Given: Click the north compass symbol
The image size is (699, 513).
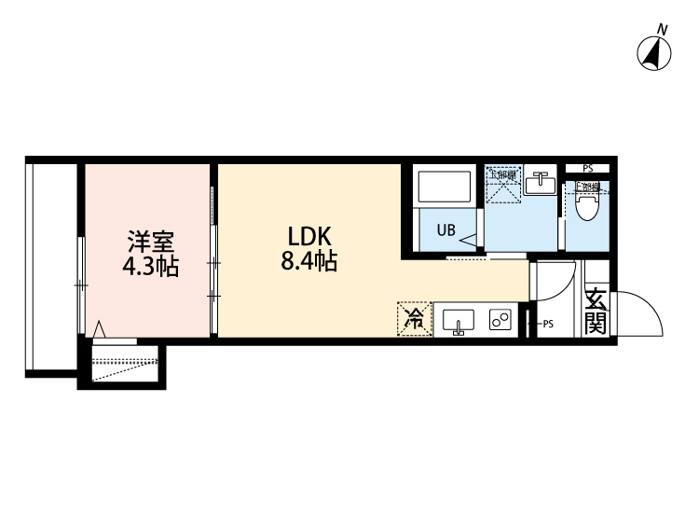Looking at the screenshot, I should pyautogui.click(x=656, y=53).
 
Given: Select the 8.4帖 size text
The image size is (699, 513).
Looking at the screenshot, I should pyautogui.click(x=308, y=262).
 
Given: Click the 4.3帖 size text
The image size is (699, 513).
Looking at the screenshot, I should pyautogui.click(x=149, y=268).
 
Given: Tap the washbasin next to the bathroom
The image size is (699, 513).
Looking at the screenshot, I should pyautogui.click(x=538, y=184).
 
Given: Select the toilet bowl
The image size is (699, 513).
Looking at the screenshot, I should pyautogui.click(x=586, y=206).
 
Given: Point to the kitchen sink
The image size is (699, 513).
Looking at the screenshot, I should pyautogui.click(x=458, y=321).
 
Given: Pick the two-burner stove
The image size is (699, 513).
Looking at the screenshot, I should pyautogui.click(x=500, y=321).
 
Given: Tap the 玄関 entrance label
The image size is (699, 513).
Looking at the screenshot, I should pyautogui.click(x=596, y=312).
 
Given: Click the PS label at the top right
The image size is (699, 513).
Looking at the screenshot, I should pyautogui.click(x=588, y=168).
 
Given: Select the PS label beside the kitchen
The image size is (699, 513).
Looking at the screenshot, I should pyautogui.click(x=548, y=325).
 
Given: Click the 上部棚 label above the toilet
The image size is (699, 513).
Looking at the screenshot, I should pyautogui.click(x=585, y=187).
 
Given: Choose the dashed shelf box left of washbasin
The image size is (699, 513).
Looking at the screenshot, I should pyautogui.click(x=502, y=184).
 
